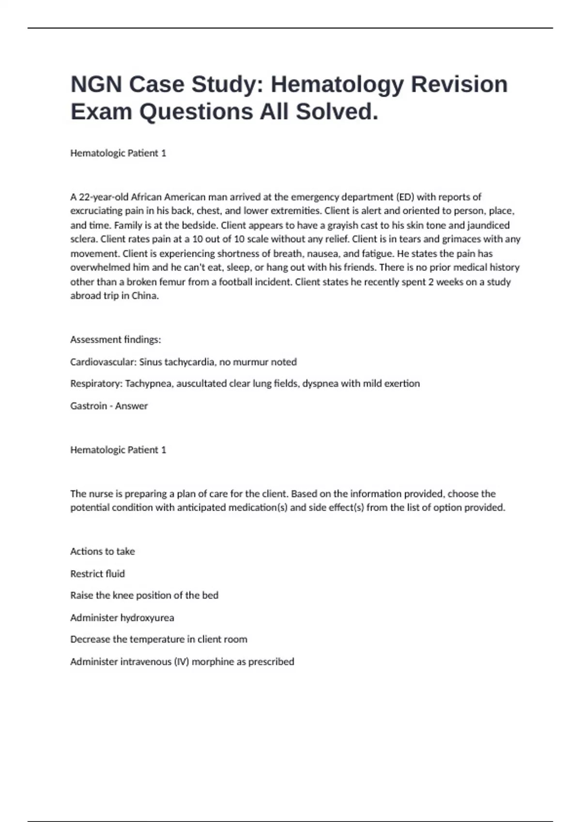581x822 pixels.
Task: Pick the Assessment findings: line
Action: (116, 339)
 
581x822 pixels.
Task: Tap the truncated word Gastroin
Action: (88, 406)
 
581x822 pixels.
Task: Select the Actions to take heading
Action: (103, 551)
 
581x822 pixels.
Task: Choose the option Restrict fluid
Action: (97, 574)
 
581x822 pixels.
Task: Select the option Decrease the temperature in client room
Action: (159, 639)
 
